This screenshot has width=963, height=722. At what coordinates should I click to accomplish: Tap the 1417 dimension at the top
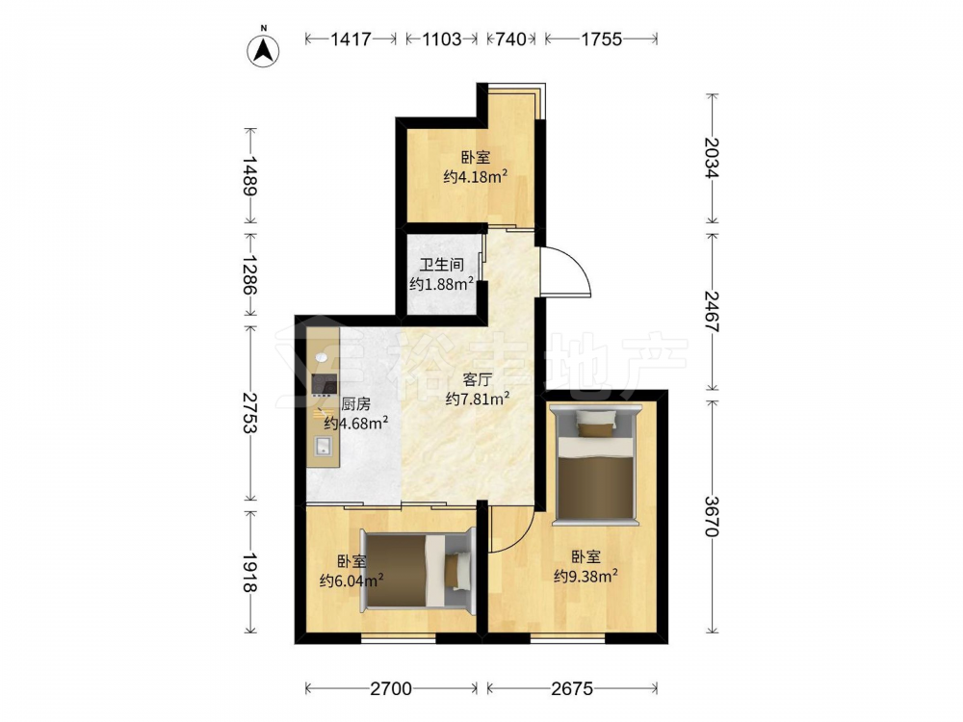351,39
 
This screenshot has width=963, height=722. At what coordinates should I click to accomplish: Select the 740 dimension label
510,39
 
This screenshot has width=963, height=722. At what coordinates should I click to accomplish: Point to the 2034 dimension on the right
712,158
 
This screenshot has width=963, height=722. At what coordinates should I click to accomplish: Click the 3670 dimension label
712,516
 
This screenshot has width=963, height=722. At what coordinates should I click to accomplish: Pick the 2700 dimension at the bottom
391,689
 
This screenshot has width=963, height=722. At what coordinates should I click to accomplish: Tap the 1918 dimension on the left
248,573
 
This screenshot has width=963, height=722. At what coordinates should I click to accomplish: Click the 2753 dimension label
248,413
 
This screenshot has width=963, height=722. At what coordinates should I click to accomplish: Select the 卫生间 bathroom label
442,266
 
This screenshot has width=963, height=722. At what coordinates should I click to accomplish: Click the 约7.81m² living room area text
478,400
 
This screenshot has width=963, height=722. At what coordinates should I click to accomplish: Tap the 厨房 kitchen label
356,404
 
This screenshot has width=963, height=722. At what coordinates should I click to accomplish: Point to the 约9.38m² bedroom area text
586,576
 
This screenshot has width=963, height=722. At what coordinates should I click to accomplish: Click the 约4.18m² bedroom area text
475,177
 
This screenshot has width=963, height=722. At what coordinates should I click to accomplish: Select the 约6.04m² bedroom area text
351,580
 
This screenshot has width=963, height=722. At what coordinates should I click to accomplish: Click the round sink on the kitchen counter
323,357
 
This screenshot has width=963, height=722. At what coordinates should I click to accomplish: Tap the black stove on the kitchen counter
325,384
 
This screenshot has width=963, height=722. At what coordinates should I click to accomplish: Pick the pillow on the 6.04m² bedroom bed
456,571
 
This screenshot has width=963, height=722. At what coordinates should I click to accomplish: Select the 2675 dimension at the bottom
572,689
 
